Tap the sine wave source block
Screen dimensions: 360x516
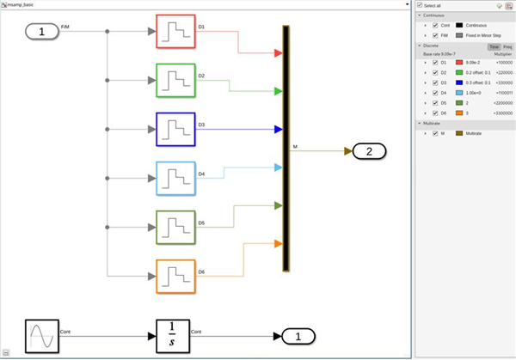coord(40,336)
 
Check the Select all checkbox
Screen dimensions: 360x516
coord(420,6)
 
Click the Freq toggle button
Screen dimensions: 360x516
coord(507,46)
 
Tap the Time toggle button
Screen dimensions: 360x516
coord(494,46)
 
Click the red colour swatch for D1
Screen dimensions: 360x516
coord(459,63)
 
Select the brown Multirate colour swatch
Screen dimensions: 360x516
coord(459,133)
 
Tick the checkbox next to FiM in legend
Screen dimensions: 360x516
coord(435,35)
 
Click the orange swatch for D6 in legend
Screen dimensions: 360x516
coord(459,113)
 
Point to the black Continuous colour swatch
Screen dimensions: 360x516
coord(459,25)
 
